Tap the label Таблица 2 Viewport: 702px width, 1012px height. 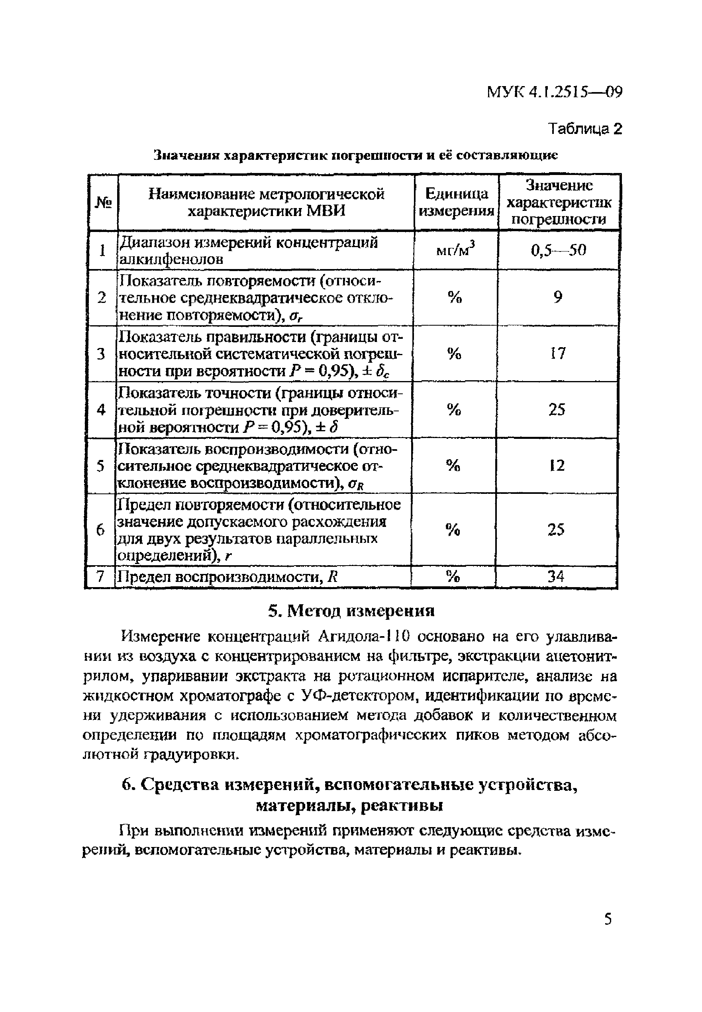coord(585,129)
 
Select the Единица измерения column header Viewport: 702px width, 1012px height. coord(456,202)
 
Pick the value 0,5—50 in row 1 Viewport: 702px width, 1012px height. coord(558,251)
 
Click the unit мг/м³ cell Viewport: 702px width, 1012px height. coord(456,250)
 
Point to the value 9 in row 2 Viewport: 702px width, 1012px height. coord(558,298)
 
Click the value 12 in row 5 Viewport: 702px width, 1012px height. coord(557,466)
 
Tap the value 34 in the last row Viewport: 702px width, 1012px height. coord(556,576)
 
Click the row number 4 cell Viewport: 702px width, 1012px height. coord(101,410)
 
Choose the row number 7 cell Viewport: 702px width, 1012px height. coord(100,576)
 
